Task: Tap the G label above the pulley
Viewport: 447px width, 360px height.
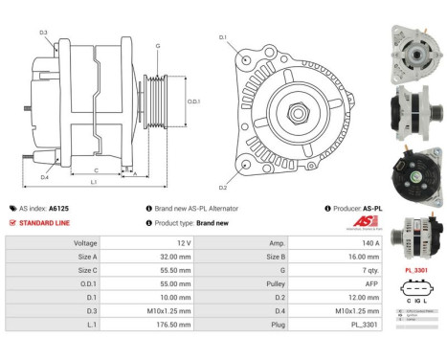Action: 157,47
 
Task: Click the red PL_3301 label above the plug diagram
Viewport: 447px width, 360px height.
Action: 414,271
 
